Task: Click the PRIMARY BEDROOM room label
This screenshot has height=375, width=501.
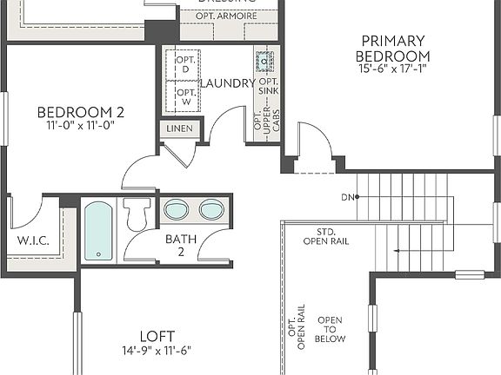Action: pos(393,49)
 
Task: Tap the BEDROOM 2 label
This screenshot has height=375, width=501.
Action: pos(80,112)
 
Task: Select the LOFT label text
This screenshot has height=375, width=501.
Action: pos(157,336)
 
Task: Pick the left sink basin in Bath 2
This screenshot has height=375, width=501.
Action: pos(177,210)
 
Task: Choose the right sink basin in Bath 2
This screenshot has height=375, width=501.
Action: pos(211,210)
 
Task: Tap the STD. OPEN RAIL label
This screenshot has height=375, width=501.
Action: pos(326,236)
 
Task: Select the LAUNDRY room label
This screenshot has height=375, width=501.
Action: pos(227,83)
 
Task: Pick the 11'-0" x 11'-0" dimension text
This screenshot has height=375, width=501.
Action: pos(80,125)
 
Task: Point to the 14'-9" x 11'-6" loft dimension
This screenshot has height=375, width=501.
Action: pos(157,351)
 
